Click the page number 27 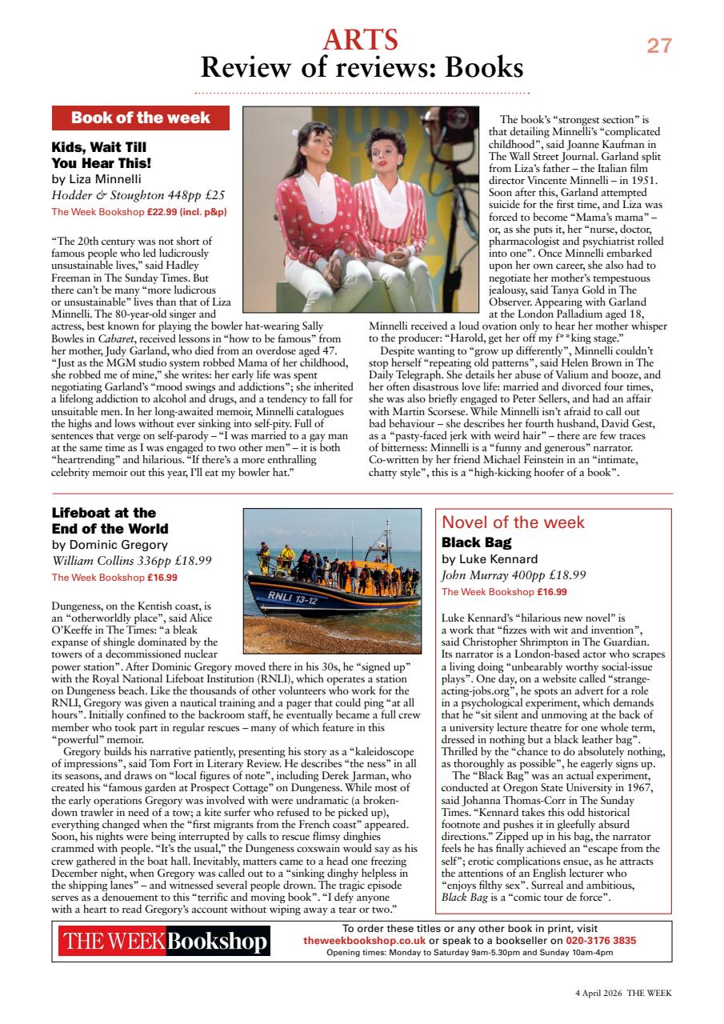(659, 46)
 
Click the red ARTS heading (361, 39)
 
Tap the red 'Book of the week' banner (141, 118)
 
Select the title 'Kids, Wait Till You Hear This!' (102, 155)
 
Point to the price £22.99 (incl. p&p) (186, 212)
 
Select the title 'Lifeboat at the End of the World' (110, 521)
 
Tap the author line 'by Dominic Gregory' (110, 545)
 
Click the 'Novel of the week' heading (513, 522)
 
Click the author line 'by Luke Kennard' (490, 559)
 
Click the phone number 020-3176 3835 (601, 941)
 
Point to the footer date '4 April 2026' (598, 993)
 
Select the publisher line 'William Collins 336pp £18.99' (132, 561)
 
